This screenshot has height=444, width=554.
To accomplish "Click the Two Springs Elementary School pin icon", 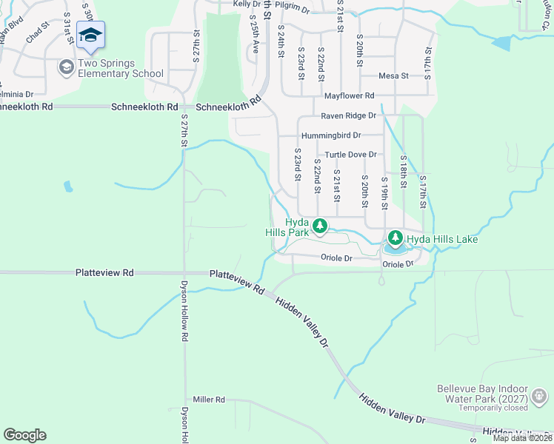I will tap(90, 36).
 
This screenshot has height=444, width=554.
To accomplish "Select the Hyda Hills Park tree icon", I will tap(319, 226).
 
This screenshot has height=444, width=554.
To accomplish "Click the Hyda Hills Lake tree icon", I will tap(395, 238).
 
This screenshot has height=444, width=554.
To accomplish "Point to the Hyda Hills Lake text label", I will tap(442, 239).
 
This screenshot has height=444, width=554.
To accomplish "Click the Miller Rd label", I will tap(209, 400).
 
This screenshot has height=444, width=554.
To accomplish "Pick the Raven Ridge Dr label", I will tap(348, 116).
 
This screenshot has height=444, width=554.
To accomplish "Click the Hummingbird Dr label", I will tap(331, 135).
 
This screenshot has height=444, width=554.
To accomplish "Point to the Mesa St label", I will tap(393, 76).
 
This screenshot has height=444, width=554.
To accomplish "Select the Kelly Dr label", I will tap(246, 4).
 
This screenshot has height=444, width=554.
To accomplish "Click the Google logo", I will tap(24, 435).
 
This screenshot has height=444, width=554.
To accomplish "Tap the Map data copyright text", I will tap(523, 438).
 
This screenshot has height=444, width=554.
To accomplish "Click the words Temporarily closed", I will tap(493, 408).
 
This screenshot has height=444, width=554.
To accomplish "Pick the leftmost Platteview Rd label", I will tap(104, 273).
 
